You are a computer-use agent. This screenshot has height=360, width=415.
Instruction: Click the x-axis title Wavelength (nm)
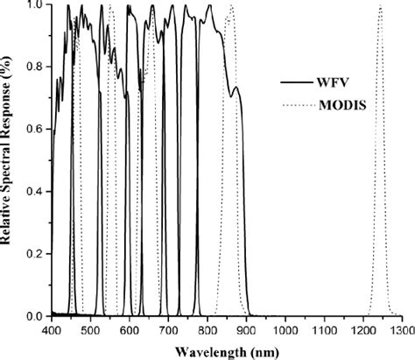(x=228, y=350)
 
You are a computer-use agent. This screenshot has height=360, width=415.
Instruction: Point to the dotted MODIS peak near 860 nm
(x=231, y=7)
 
